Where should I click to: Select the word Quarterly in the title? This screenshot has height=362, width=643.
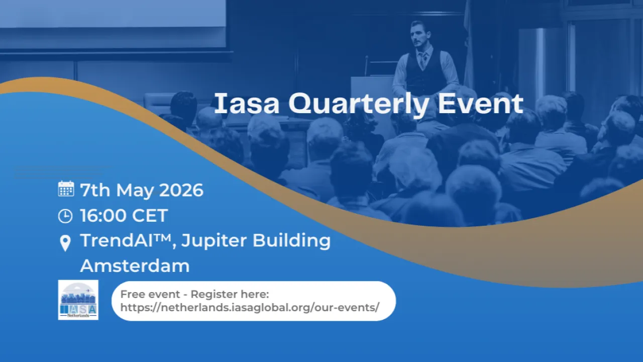pos(359,105)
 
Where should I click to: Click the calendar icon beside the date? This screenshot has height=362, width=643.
pos(66,189)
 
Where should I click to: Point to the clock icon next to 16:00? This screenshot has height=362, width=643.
pos(65,216)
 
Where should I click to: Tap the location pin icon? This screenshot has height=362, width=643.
pos(65,243)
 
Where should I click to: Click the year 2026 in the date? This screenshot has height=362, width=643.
pos(181,190)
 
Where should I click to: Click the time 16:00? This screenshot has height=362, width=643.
pos(103,216)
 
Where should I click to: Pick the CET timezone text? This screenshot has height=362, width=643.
pos(150,216)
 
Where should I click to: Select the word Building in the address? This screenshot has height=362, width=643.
pos(291,241)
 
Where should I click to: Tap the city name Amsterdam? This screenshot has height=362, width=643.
pos(135,265)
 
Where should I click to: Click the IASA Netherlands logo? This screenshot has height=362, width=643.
pos(78,300)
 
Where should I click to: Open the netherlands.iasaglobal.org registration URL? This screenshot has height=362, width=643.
pos(250,308)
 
